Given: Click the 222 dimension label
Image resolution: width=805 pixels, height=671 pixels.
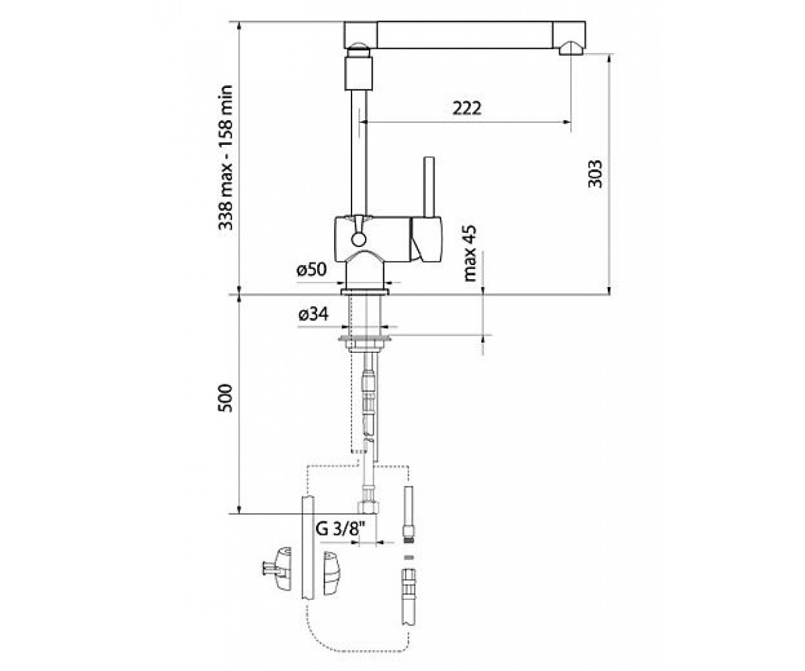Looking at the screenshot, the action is coord(466,108).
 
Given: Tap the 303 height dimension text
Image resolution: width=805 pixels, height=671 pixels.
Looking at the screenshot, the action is coord(595,174).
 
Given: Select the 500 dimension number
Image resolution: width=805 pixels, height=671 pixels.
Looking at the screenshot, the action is coord(225,399).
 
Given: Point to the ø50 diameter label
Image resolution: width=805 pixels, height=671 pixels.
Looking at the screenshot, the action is coord(311,270).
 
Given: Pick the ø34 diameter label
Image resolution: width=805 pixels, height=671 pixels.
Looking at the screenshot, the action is coord(313,315).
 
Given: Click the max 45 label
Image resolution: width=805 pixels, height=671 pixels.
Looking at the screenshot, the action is coord(470,254).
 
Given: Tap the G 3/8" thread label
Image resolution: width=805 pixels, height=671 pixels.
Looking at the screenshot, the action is coord(340,529).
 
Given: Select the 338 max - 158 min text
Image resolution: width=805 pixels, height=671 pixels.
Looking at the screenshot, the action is coord(225,157).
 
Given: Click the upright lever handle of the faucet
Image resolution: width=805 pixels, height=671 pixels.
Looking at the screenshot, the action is coord(429,187).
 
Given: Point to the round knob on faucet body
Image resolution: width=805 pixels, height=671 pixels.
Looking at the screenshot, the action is coord(358,240).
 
